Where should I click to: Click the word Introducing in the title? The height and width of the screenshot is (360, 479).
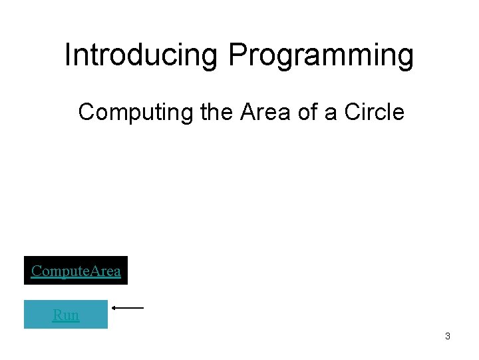click(x=140, y=55)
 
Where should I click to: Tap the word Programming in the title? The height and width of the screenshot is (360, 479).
click(x=321, y=57)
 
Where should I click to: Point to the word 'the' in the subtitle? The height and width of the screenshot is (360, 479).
click(x=216, y=112)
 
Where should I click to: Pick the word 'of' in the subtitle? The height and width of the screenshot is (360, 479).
click(x=307, y=112)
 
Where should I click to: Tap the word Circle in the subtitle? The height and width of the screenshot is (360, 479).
click(x=374, y=112)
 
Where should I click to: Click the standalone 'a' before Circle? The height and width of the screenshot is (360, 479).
click(x=331, y=113)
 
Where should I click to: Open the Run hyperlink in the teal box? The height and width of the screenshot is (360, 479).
click(x=66, y=315)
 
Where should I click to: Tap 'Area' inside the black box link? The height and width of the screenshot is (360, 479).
click(x=104, y=271)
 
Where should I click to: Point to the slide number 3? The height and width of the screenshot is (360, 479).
click(x=447, y=336)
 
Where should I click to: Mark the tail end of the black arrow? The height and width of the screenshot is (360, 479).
click(x=142, y=308)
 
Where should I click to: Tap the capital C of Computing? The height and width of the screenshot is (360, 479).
click(x=86, y=112)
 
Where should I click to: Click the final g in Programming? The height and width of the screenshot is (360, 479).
click(x=406, y=59)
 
